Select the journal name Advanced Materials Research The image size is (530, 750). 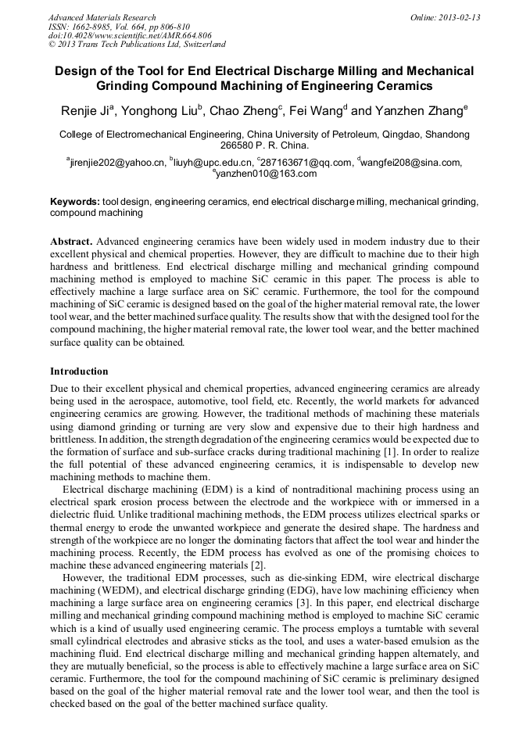tap(102, 17)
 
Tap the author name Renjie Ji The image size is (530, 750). tap(88, 111)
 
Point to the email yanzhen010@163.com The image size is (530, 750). tap(267, 174)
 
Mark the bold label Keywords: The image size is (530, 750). tap(74, 202)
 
